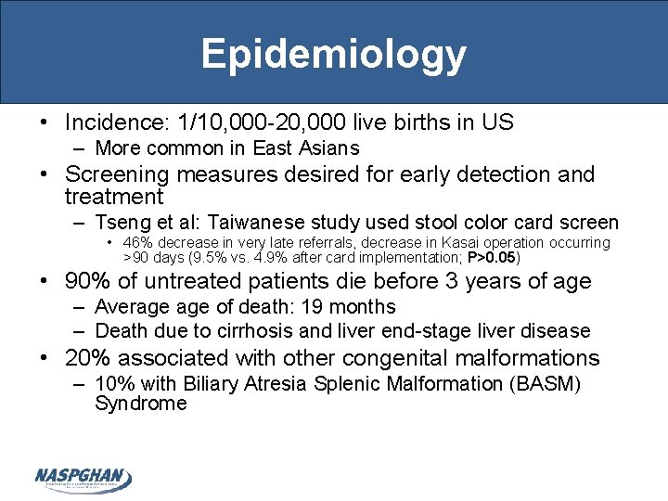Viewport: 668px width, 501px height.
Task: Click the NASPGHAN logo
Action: tap(83, 479)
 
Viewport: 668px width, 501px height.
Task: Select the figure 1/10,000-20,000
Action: tap(276, 122)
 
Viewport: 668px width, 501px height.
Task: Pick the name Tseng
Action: tap(124, 223)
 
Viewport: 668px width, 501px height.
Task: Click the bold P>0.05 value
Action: tap(493, 257)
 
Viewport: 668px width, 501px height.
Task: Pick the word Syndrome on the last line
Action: tap(140, 404)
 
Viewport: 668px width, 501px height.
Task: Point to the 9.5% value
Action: tap(214, 257)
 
